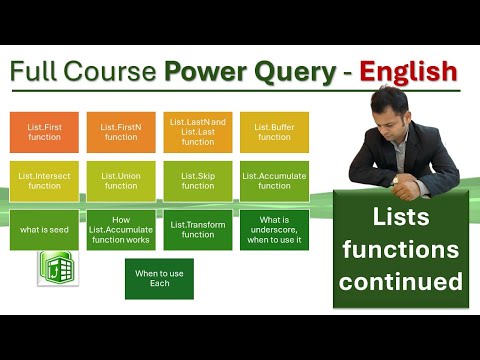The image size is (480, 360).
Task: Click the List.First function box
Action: click(x=44, y=131)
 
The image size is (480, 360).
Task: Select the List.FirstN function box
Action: click(x=121, y=131)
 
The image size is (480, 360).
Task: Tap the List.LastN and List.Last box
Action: click(x=197, y=130)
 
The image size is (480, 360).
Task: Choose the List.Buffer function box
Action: click(x=274, y=131)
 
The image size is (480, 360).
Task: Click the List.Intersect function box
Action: click(x=44, y=180)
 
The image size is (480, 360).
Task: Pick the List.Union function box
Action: click(x=121, y=180)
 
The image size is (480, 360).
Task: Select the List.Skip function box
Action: click(x=197, y=180)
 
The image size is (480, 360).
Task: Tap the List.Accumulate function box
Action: click(x=274, y=180)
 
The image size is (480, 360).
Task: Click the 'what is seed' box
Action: click(x=44, y=229)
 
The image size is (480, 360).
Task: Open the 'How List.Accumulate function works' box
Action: click(x=121, y=229)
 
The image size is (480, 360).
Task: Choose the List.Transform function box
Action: click(x=197, y=229)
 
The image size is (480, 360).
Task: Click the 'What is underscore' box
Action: click(x=274, y=229)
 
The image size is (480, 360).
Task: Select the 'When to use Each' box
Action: click(x=159, y=278)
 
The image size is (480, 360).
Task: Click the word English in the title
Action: click(x=409, y=72)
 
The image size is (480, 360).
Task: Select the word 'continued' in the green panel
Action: click(x=400, y=281)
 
